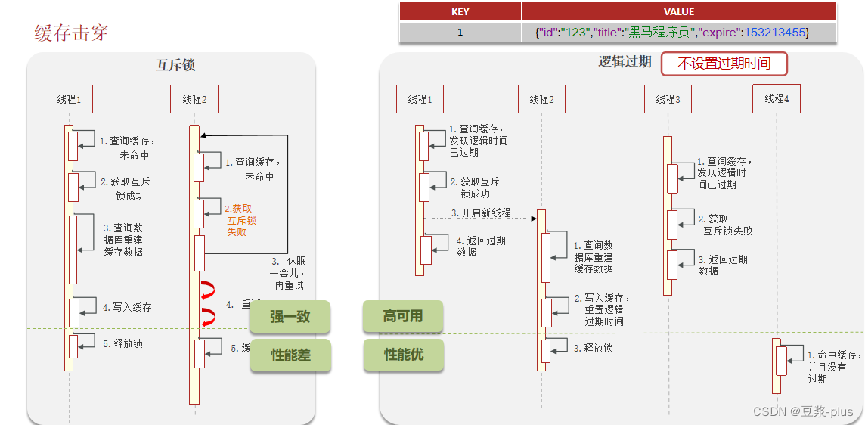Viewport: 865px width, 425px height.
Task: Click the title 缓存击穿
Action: click(x=71, y=33)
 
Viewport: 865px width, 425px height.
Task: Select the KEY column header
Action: click(x=460, y=11)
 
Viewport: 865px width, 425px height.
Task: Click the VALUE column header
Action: click(x=678, y=11)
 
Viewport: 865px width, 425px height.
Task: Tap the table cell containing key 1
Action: click(x=460, y=32)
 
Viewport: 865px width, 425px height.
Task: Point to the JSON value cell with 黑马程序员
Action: click(x=671, y=32)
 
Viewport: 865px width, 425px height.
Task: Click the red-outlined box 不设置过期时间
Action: click(x=724, y=64)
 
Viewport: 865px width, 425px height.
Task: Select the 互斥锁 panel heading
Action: click(x=175, y=65)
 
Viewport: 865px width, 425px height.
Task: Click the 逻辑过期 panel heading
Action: click(x=625, y=62)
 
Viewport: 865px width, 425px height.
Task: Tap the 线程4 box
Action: click(x=776, y=98)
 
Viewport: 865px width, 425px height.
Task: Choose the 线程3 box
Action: click(x=668, y=99)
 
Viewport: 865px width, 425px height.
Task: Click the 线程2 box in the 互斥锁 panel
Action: click(x=194, y=99)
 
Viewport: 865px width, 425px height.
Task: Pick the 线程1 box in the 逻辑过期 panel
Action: click(x=420, y=99)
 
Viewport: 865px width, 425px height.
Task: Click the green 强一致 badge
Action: click(x=290, y=317)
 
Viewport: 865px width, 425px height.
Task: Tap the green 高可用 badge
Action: click(x=402, y=317)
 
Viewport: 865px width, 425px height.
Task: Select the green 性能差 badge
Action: click(x=290, y=355)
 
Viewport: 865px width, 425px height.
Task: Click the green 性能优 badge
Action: click(x=402, y=355)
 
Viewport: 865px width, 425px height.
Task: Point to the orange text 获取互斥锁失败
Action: click(x=241, y=220)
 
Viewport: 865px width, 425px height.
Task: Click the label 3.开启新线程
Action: click(x=481, y=213)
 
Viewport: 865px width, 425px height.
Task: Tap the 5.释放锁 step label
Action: click(x=122, y=344)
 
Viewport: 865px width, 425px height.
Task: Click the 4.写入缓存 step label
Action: click(x=127, y=307)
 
